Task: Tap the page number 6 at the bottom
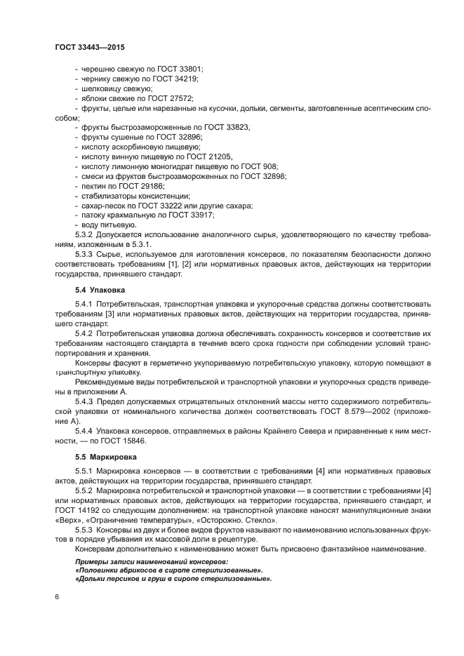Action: pyautogui.click(x=56, y=596)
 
